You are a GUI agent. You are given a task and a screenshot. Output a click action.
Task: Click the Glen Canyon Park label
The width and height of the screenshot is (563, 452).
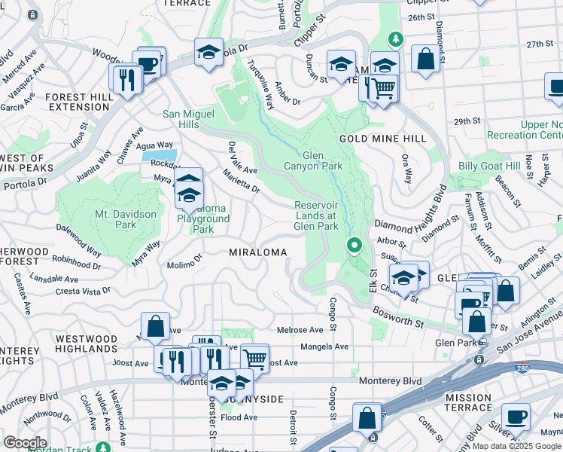(313, 160)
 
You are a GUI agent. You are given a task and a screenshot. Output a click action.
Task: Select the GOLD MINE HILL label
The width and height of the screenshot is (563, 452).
(382, 139)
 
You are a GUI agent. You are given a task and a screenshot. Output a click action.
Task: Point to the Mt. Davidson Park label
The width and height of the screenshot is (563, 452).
(126, 219)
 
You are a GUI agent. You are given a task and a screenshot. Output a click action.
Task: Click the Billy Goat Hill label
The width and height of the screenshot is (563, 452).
(489, 166)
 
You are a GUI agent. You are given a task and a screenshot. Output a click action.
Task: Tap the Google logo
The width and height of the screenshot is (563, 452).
(25, 442)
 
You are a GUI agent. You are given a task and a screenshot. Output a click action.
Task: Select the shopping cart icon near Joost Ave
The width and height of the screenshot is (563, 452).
(254, 357)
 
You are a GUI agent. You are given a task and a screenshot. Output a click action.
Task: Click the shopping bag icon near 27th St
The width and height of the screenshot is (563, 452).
(425, 60)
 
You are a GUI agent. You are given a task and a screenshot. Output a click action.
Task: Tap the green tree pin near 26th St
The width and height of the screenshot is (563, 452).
(394, 38)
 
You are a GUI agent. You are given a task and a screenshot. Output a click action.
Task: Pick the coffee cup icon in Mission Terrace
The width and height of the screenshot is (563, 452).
(516, 416)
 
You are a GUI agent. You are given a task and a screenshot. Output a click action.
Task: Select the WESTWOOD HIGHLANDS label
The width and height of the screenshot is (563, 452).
(87, 344)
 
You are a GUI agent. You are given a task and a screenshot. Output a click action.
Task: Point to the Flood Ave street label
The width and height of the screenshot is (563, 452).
(239, 417)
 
